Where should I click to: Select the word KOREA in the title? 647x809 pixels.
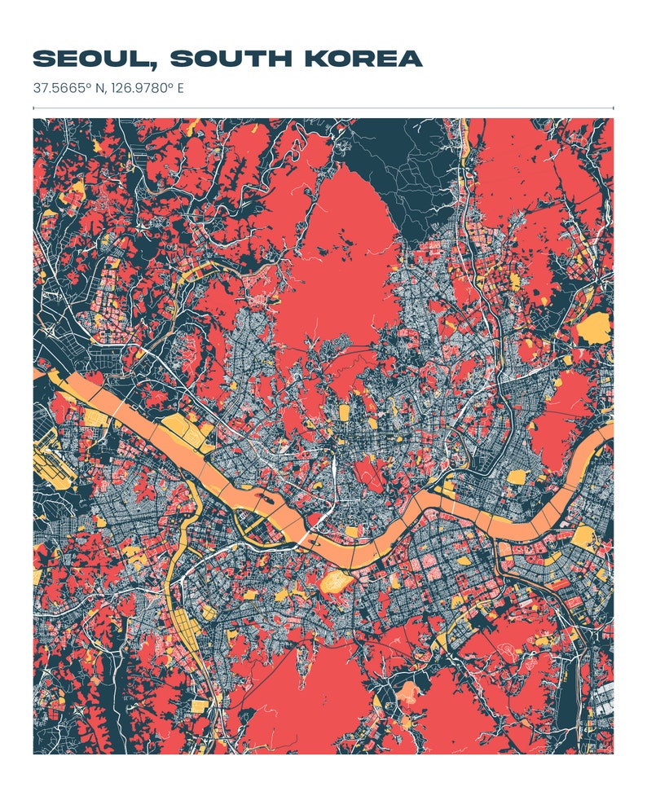(x=363, y=59)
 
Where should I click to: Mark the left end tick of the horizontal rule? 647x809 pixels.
(x=33, y=108)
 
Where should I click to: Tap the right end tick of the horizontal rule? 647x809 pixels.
(x=613, y=108)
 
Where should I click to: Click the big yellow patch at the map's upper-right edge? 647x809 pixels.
(x=592, y=328)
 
